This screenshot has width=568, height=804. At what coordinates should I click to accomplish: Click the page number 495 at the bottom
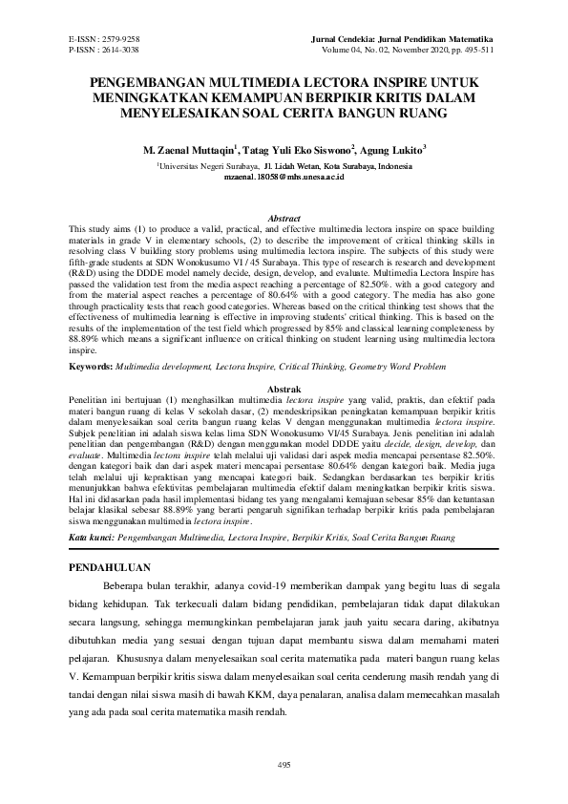point(284,764)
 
